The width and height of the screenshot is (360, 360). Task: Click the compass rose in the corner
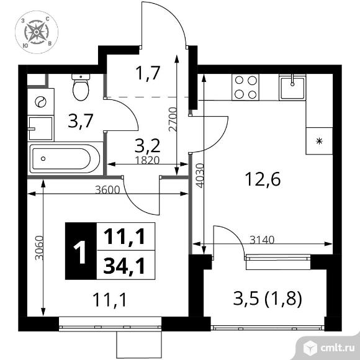tap(37, 32)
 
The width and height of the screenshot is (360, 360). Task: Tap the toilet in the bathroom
tap(81, 87)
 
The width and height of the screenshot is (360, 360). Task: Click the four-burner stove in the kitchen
tap(245, 88)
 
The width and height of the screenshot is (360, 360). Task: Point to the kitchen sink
tap(292, 88)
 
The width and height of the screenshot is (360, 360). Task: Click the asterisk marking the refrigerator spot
tap(319, 141)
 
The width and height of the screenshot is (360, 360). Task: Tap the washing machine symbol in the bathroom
tap(40, 101)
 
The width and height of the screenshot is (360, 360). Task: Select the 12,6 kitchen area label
tap(263, 179)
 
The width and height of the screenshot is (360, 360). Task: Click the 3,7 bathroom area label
tap(81, 121)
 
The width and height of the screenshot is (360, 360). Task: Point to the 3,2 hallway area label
tap(147, 146)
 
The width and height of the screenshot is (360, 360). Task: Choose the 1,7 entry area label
tap(147, 73)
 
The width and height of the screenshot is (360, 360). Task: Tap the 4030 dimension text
tap(200, 176)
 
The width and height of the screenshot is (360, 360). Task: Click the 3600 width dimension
tap(107, 190)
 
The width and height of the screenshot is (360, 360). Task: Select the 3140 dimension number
tap(262, 240)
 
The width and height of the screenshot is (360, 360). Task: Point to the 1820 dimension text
tap(147, 160)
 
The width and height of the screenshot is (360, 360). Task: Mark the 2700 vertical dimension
tap(173, 119)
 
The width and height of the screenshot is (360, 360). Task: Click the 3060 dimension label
tap(39, 248)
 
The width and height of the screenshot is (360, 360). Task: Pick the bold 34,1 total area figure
tap(124, 266)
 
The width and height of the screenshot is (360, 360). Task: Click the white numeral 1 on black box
tap(80, 252)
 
